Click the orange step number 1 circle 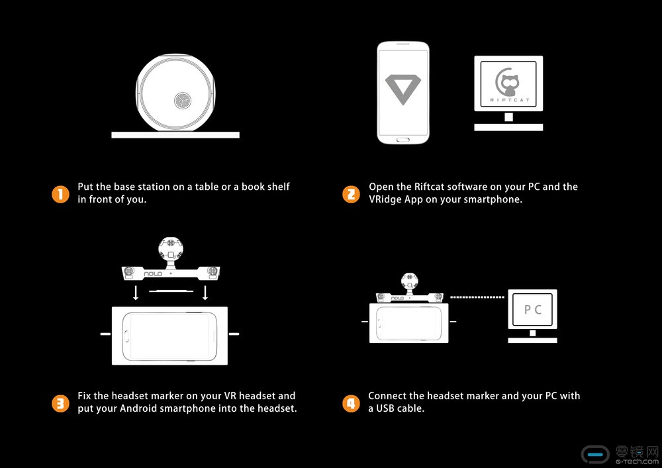coord(60,195)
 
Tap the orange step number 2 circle coord(351,195)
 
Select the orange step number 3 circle coord(60,403)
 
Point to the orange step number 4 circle coord(351,403)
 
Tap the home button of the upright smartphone coord(403,139)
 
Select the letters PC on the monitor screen coord(532,310)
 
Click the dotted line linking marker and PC coord(477,297)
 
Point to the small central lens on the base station coord(183,100)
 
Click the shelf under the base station coord(175,135)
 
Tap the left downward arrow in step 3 coord(136,293)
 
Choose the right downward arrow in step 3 coord(205,293)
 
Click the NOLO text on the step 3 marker coord(153,274)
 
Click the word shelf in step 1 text coord(277,187)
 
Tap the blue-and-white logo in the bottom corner coord(595,455)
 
